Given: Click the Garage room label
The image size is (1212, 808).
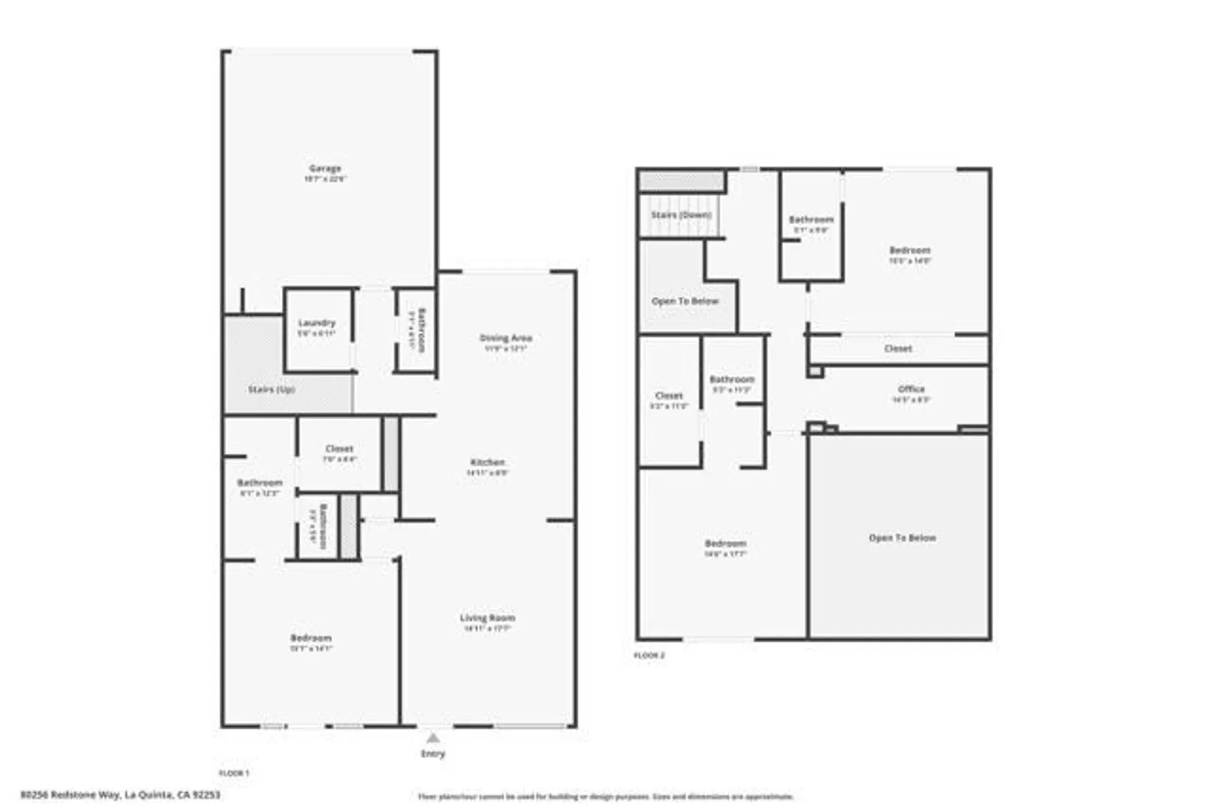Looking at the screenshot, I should pyautogui.click(x=325, y=168).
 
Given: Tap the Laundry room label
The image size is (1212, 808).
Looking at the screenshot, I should pyautogui.click(x=316, y=323).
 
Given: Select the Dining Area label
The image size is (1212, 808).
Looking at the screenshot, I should pyautogui.click(x=505, y=338).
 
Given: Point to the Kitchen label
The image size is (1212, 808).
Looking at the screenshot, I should pyautogui.click(x=487, y=462).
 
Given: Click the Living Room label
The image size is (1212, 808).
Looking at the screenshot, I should pyautogui.click(x=487, y=618).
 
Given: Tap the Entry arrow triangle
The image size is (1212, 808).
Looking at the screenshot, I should pyautogui.click(x=433, y=738).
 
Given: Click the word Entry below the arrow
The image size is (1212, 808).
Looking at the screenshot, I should pyautogui.click(x=433, y=753).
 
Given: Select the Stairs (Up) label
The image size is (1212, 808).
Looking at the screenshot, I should pyautogui.click(x=271, y=389).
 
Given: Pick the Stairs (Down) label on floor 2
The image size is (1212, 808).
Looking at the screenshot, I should pyautogui.click(x=681, y=215).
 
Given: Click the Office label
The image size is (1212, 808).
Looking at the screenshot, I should pyautogui.click(x=911, y=389).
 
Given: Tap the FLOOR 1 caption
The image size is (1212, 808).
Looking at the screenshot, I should pyautogui.click(x=234, y=773).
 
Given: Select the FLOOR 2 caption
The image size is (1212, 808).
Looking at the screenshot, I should pyautogui.click(x=650, y=655).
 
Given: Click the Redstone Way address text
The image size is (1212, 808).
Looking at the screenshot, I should pyautogui.click(x=121, y=794).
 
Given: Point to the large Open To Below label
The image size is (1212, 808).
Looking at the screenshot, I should pyautogui.click(x=902, y=538).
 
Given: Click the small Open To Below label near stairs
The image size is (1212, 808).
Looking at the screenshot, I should pyautogui.click(x=685, y=301).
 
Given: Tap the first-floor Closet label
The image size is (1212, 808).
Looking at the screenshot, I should pyautogui.click(x=339, y=449).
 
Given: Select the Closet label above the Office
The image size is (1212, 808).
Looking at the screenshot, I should pyautogui.click(x=897, y=349).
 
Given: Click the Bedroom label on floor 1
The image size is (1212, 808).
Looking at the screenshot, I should pyautogui.click(x=311, y=638).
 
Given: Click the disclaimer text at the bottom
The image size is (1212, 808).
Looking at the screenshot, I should pyautogui.click(x=605, y=796).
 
